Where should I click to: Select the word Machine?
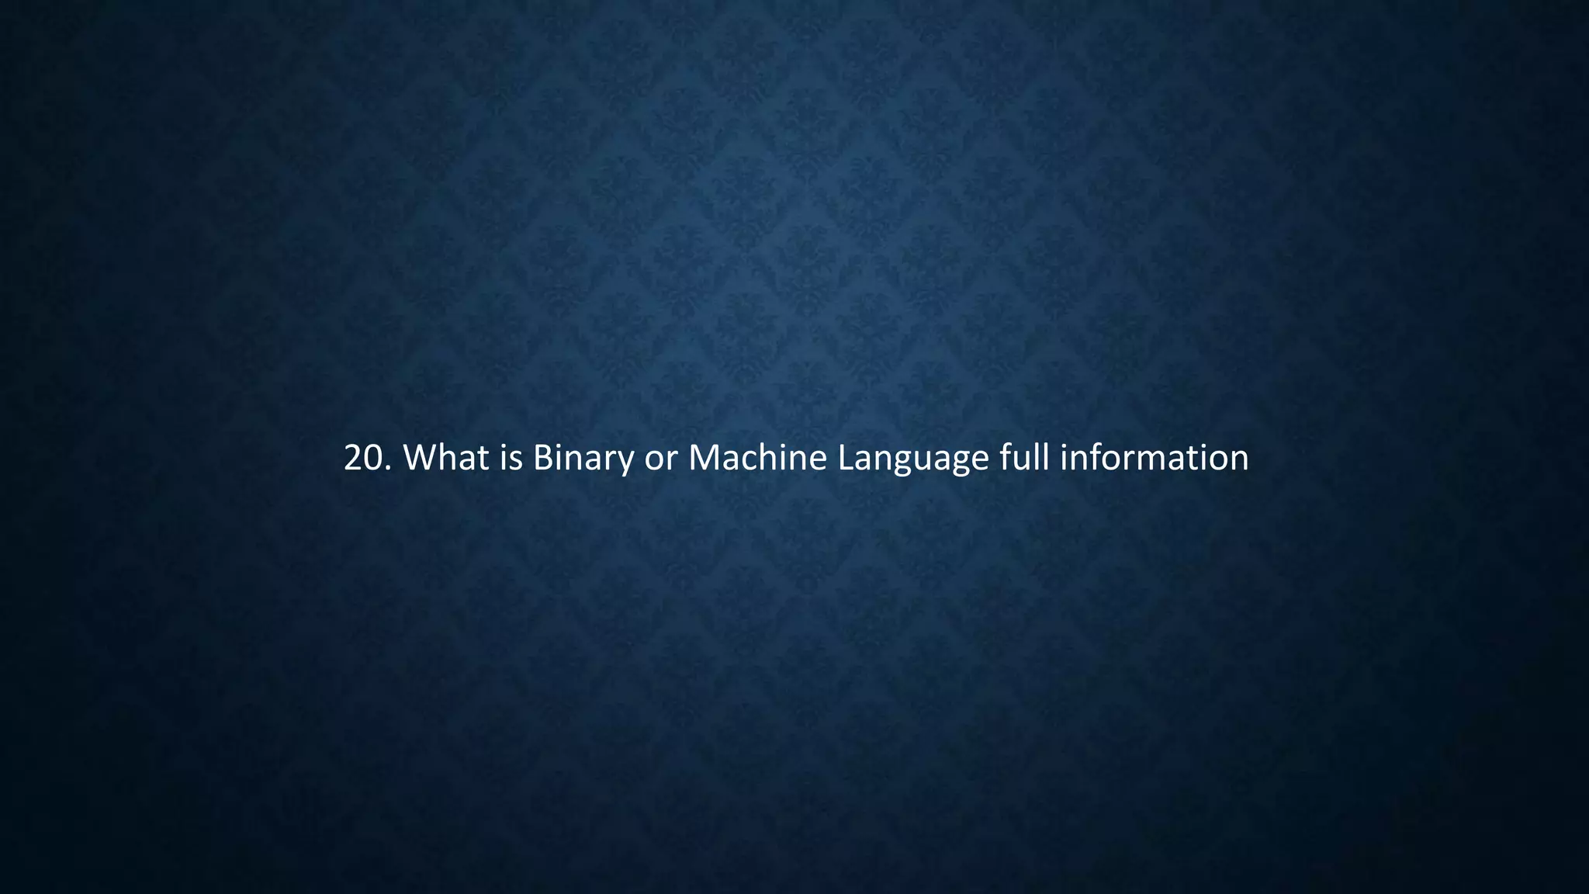pyautogui.click(x=757, y=458)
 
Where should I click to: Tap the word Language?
pyautogui.click(x=913, y=459)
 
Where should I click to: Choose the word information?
pyautogui.click(x=1154, y=458)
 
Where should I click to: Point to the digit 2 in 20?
pyautogui.click(x=354, y=459)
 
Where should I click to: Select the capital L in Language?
pyautogui.click(x=846, y=458)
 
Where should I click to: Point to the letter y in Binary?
pyautogui.click(x=625, y=463)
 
